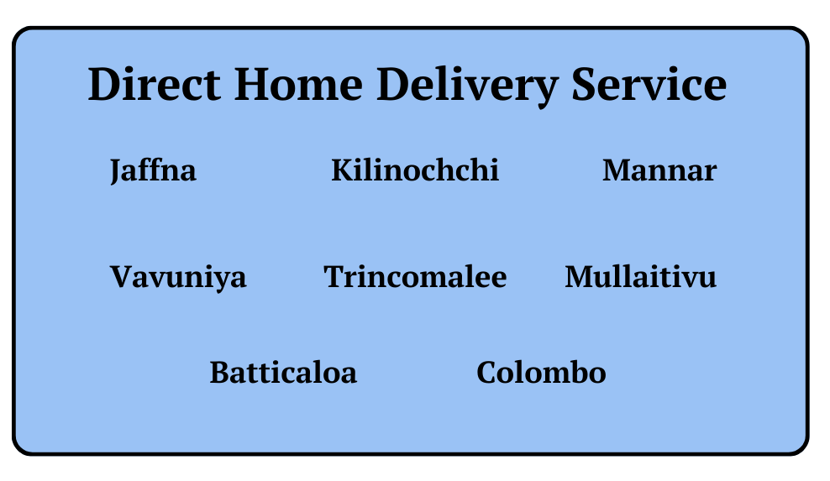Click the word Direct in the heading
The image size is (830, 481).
[154, 84]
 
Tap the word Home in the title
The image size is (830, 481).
[298, 84]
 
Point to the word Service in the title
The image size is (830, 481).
[649, 84]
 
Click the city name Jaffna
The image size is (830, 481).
[153, 171]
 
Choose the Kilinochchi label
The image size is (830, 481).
[415, 170]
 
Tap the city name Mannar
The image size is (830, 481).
[659, 170]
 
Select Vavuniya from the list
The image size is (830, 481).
[178, 278]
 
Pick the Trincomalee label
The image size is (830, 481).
[415, 277]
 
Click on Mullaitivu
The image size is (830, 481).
[640, 276]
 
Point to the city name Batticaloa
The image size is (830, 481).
[283, 372]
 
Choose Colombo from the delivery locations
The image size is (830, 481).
[541, 372]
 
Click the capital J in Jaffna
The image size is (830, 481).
[117, 171]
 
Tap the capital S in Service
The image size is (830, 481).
[584, 84]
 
